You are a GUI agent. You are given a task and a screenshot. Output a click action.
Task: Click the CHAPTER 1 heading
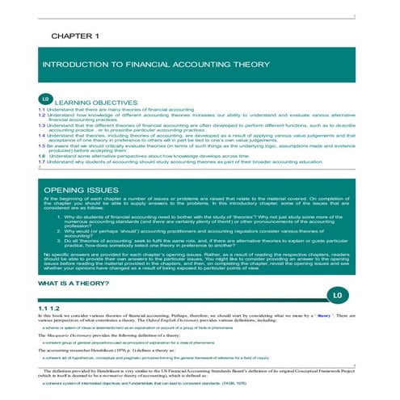(75, 37)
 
